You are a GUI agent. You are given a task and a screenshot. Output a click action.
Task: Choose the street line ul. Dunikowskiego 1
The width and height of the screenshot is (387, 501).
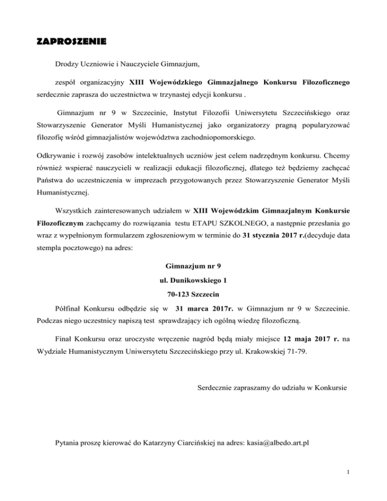click(x=192, y=293)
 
